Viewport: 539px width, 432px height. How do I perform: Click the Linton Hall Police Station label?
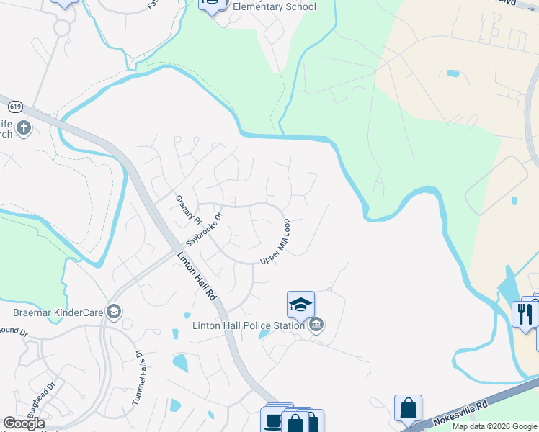coord(249,325)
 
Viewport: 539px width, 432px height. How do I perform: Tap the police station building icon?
coord(316,325)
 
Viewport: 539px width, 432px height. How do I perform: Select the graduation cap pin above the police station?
coord(300,304)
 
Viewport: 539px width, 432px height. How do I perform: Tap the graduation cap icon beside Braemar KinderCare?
coord(112,311)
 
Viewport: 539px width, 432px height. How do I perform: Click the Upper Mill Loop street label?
coord(275,242)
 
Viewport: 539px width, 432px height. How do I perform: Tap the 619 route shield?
coord(16,107)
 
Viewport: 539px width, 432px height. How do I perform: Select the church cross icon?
coord(23,128)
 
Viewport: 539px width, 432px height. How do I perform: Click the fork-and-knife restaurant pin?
coord(525,313)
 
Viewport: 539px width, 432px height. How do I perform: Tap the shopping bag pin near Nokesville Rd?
coord(408,408)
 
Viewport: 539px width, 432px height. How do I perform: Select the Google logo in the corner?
coord(24,423)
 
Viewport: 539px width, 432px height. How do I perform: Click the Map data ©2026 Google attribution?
coord(494,426)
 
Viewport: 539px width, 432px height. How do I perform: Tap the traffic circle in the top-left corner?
coord(61,28)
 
